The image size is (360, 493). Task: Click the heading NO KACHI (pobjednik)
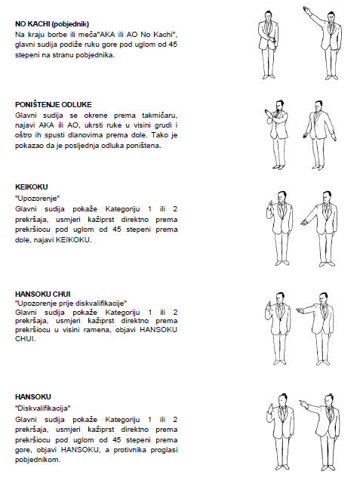(x=52, y=24)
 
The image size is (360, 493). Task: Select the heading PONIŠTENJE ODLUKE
(x=54, y=105)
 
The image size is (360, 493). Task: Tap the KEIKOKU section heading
(x=32, y=187)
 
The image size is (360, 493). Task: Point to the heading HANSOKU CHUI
(x=43, y=294)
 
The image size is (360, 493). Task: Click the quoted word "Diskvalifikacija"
(x=43, y=408)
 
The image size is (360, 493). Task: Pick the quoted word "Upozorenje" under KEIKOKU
(x=38, y=199)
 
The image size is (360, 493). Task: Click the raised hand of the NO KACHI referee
(x=306, y=9)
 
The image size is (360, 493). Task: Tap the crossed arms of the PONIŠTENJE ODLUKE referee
(x=274, y=116)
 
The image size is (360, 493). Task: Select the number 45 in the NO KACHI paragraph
(x=173, y=45)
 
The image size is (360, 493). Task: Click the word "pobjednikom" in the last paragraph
(x=38, y=460)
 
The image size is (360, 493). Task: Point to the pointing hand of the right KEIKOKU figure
(x=303, y=223)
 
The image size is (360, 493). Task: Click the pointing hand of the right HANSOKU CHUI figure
(x=300, y=310)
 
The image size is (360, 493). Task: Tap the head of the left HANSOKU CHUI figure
(x=279, y=299)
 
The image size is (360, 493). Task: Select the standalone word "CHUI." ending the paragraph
(x=25, y=339)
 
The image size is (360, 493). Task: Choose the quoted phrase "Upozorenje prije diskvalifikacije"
(x=71, y=304)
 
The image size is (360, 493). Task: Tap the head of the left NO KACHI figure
(x=268, y=17)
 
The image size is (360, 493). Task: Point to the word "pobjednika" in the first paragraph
(x=94, y=55)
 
